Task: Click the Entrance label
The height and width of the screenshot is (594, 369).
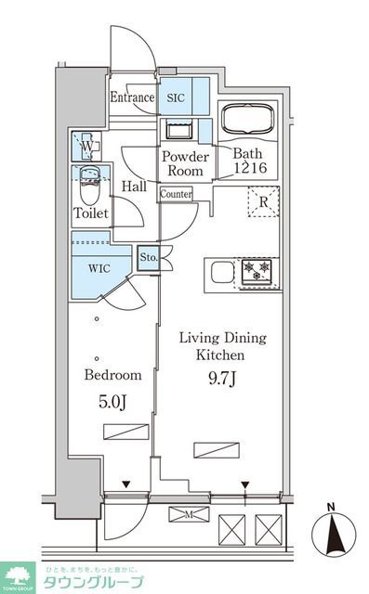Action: (130, 97)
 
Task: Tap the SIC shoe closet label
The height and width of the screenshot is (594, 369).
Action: (176, 97)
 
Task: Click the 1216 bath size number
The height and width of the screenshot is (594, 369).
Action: (249, 169)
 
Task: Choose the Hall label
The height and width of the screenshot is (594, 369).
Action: (135, 186)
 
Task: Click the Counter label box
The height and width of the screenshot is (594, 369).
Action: (176, 195)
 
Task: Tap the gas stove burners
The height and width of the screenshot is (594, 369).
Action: (256, 271)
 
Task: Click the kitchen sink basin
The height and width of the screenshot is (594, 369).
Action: (221, 272)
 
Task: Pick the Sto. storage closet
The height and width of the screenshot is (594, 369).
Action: (148, 257)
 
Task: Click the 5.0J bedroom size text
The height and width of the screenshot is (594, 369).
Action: (113, 404)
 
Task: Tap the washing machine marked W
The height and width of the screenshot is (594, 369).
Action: (86, 146)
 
